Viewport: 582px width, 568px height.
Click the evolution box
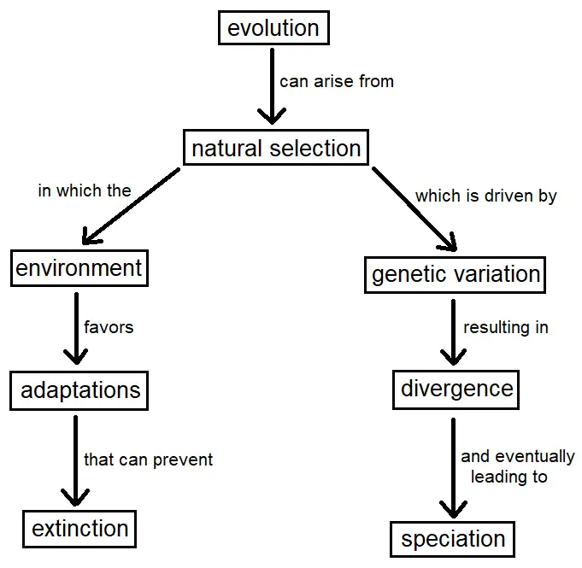tap(273, 28)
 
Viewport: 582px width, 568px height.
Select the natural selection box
tap(276, 147)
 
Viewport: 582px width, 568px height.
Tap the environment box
tap(79, 268)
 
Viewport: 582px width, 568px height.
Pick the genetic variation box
tap(455, 275)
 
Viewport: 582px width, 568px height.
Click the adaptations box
tap(79, 390)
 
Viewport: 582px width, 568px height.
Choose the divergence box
tap(456, 389)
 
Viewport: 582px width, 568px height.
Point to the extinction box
tap(79, 529)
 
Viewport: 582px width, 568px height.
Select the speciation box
tap(452, 540)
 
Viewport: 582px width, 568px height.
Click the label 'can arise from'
tap(336, 81)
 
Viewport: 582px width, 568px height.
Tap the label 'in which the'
tap(85, 190)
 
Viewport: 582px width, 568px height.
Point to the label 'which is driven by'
tap(486, 196)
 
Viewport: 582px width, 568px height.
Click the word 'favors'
tap(109, 327)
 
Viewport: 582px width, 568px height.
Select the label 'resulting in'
tap(506, 328)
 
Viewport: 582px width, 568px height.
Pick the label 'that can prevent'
tap(148, 460)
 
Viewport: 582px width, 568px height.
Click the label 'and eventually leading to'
tap(517, 466)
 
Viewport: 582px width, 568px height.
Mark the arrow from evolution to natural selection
tap(272, 86)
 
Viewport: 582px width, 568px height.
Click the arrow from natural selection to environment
tap(131, 207)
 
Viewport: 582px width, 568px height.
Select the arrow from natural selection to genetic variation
tap(414, 209)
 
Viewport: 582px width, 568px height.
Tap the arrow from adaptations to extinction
tap(75, 460)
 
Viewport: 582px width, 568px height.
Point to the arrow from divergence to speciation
tap(453, 468)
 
